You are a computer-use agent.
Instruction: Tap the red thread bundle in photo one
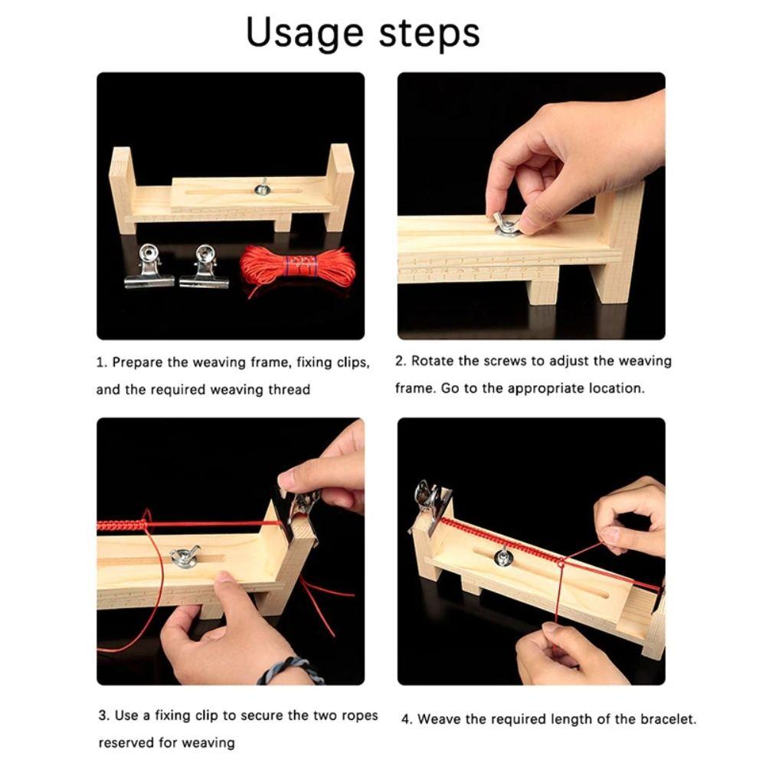pos(298,267)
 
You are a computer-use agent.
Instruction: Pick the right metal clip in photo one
pos(205,267)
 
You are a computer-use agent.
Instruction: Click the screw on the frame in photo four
pos(503,557)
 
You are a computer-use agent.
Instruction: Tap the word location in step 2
pos(617,388)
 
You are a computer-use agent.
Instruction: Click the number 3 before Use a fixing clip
pos(103,716)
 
